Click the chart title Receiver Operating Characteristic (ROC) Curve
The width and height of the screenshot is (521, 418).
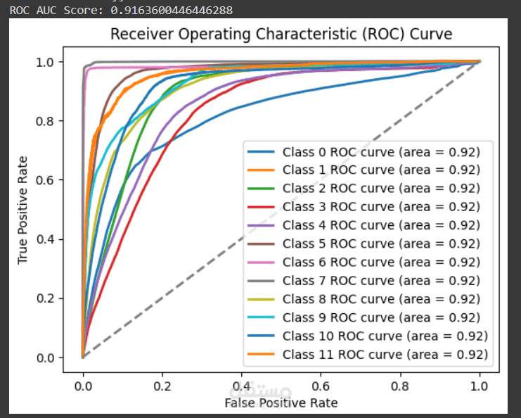[x=281, y=34]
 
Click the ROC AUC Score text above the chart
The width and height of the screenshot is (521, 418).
[x=121, y=10]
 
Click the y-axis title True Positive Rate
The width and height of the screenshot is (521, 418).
[x=23, y=210]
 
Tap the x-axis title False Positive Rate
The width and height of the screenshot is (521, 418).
[x=281, y=403]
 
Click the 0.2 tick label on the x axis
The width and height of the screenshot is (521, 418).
[x=162, y=386]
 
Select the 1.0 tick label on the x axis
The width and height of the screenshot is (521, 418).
[x=480, y=386]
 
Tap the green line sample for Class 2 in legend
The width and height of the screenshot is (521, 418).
[x=260, y=189]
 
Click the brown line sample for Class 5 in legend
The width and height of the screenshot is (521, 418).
[x=260, y=243]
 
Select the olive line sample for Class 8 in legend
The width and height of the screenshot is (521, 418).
[x=260, y=298]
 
